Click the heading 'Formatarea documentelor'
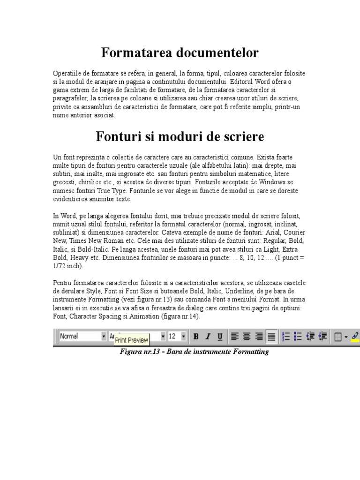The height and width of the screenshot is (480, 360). coord(180,53)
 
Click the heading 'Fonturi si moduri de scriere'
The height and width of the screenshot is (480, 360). coord(180,137)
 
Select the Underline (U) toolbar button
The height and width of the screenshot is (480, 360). coord(220,337)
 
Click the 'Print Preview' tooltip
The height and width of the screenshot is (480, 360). coord(131,340)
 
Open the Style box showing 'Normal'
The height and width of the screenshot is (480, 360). coord(82,336)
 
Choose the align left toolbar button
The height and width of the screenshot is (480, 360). coord(235,337)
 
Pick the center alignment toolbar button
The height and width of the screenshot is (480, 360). coord(247,337)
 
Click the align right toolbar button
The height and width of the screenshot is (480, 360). coord(259,337)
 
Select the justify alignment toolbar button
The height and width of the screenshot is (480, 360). coord(271,337)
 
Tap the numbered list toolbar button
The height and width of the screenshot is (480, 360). coord(285,337)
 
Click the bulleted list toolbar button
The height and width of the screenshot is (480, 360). coord(297,337)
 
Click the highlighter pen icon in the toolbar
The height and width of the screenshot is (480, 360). coord(354,336)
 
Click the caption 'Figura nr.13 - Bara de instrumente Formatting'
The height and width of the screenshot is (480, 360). coord(195,352)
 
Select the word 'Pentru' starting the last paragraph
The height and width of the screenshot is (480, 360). coord(62,283)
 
